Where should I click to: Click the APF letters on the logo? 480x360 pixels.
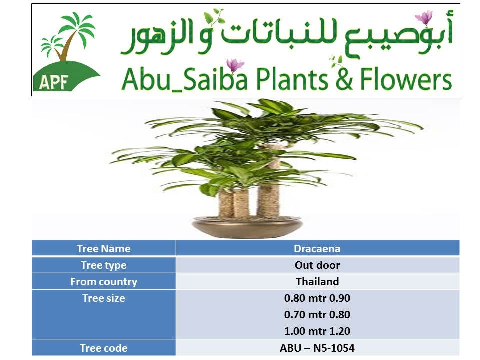(53, 82)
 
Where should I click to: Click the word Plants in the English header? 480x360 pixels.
(292, 79)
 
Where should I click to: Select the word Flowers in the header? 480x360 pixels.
(406, 79)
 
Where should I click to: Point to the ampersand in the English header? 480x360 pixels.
(344, 79)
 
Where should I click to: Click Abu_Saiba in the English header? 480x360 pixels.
(184, 79)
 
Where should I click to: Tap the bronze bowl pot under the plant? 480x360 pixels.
(247, 227)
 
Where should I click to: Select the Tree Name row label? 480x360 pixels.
(104, 248)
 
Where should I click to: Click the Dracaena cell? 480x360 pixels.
(317, 248)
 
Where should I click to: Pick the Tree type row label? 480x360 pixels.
(104, 265)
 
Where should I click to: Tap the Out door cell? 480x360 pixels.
(317, 265)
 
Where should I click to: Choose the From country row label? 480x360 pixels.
(104, 282)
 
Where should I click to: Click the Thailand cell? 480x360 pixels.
(317, 281)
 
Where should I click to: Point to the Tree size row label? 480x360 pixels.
(104, 298)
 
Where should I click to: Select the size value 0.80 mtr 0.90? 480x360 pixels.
(317, 298)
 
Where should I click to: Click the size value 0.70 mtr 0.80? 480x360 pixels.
(317, 314)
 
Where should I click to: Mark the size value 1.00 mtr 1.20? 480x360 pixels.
(317, 331)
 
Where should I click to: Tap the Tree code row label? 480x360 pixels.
(104, 348)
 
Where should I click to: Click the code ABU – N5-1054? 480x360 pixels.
(317, 348)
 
